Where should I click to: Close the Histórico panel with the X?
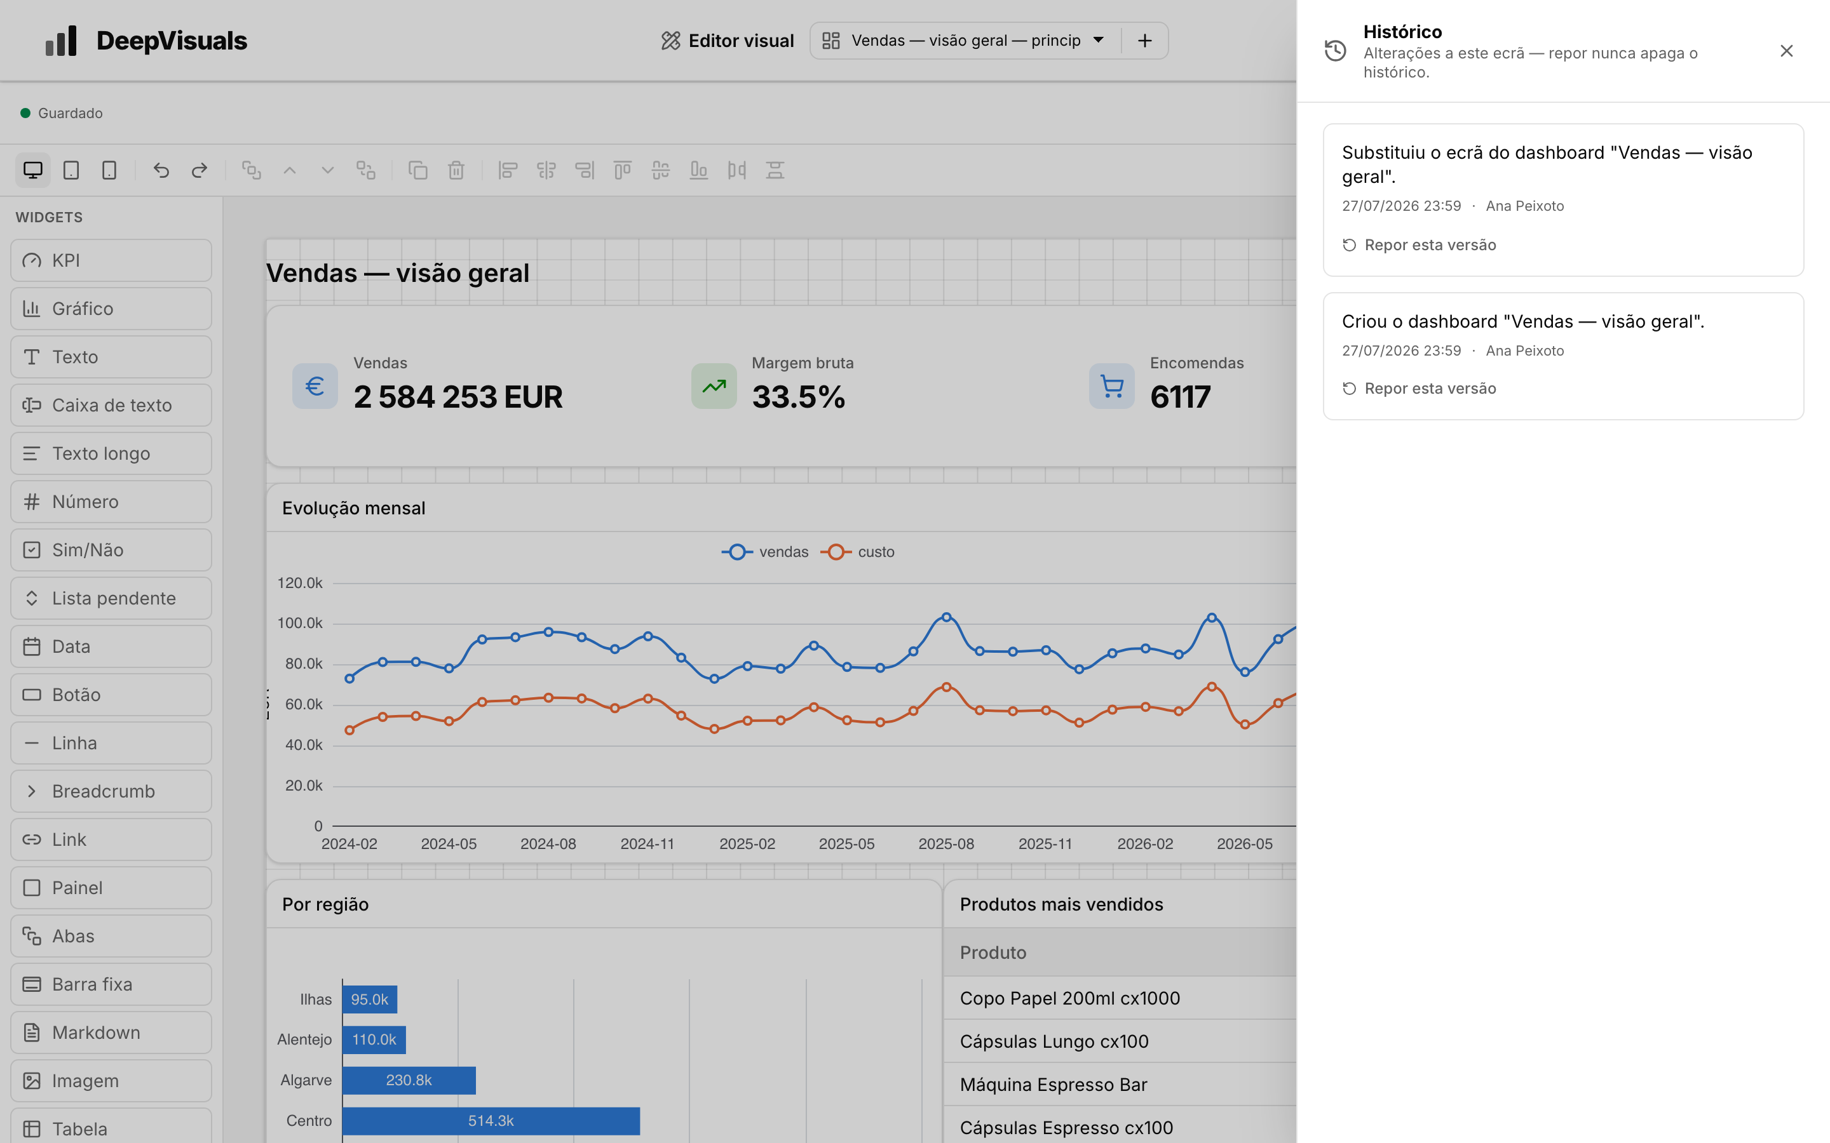(1786, 51)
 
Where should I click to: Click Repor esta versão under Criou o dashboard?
(1420, 389)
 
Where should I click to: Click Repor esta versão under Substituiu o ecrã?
(1420, 245)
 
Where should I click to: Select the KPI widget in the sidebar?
(111, 260)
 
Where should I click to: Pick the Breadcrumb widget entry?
(111, 791)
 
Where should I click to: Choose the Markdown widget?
(111, 1032)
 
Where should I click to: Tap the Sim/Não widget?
(111, 549)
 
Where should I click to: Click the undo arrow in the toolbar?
(161, 170)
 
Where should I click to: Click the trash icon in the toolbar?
(456, 170)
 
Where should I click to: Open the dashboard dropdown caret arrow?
(1099, 40)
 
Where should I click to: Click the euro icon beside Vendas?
(315, 386)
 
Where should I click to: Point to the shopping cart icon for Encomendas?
(1111, 386)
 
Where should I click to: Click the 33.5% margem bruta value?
(799, 397)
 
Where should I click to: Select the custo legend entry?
(858, 552)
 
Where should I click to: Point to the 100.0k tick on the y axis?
(299, 623)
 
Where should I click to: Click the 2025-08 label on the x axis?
(946, 844)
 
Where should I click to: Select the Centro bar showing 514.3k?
(491, 1120)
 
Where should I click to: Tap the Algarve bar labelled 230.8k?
(409, 1080)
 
